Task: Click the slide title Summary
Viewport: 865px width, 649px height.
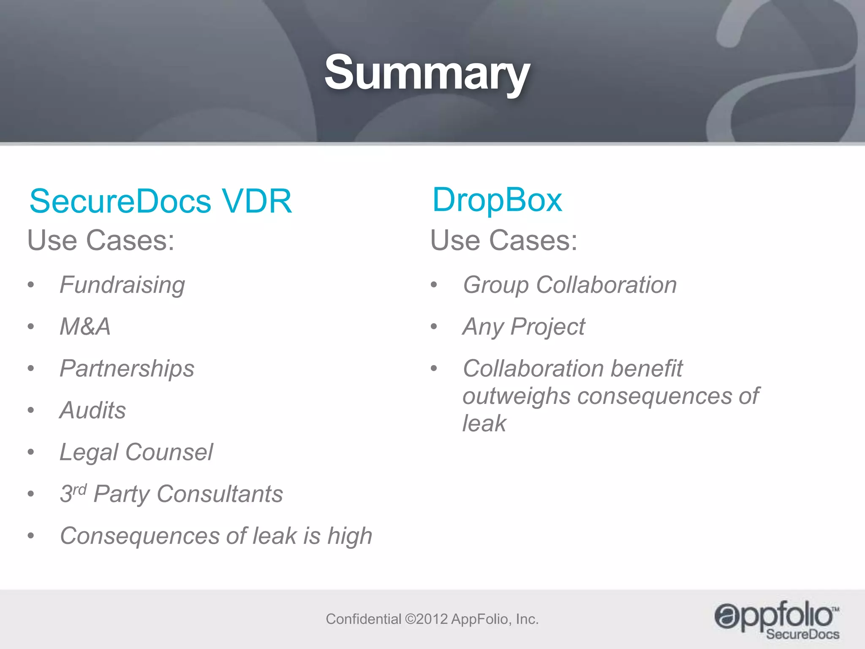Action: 427,73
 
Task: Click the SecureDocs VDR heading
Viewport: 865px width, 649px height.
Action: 160,201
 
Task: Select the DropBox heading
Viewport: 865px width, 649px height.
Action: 497,200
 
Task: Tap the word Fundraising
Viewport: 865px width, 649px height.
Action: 122,285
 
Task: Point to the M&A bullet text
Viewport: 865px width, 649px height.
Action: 85,327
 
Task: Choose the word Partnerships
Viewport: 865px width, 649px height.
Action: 127,368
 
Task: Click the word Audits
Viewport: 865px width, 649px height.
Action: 93,410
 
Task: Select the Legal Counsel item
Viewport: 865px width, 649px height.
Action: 136,452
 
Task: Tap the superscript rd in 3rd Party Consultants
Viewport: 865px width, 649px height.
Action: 80,489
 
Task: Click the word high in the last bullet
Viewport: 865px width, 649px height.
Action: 350,536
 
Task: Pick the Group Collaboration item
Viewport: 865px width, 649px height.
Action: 570,285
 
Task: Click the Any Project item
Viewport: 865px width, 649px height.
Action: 524,327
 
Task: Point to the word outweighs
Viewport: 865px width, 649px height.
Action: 516,396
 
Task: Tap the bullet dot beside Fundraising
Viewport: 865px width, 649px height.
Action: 31,285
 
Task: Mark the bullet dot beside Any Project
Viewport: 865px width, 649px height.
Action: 434,327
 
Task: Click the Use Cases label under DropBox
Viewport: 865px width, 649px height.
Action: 503,240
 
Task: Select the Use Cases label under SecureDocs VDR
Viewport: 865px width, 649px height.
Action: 101,240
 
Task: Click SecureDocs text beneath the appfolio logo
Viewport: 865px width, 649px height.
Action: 802,634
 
